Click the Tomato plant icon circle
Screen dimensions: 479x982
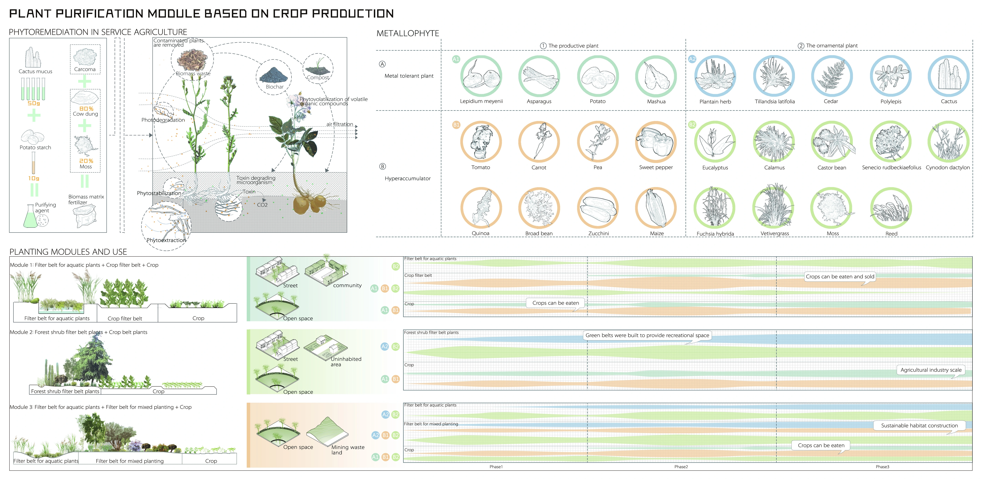point(481,142)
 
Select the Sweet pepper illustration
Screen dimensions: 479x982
point(656,142)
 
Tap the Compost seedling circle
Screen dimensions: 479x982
point(318,68)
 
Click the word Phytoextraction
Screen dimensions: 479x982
point(166,240)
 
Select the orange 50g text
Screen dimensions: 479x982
point(34,103)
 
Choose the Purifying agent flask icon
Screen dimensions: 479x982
point(30,217)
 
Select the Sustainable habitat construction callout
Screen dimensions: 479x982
point(919,425)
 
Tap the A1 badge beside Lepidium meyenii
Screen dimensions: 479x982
point(456,59)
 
